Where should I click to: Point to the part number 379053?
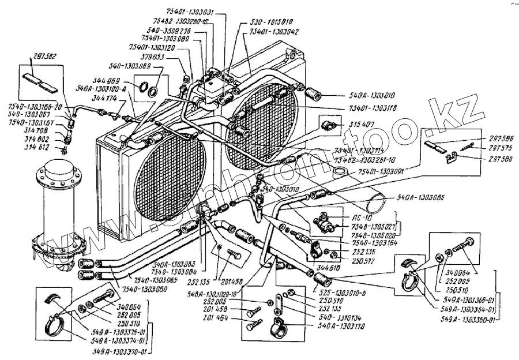(x=153, y=57)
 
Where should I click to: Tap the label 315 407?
(x=362, y=125)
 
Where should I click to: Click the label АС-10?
(x=359, y=219)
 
